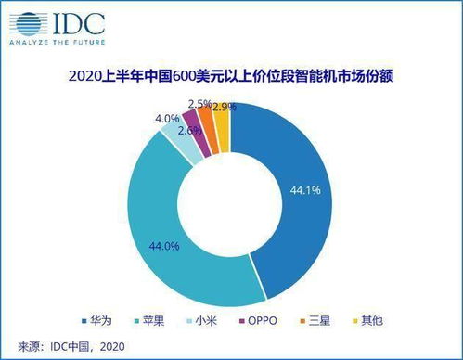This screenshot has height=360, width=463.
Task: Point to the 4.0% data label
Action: click(x=167, y=118)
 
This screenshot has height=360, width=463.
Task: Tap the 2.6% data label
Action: click(x=189, y=130)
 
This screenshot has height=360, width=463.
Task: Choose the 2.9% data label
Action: click(x=223, y=107)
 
